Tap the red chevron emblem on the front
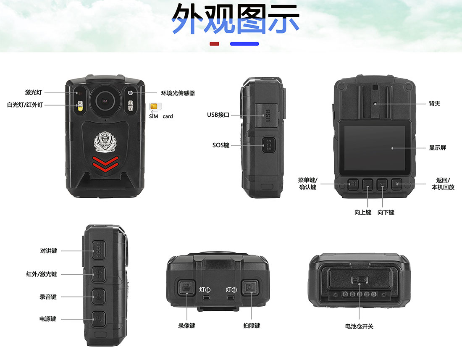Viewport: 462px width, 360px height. (x=105, y=163)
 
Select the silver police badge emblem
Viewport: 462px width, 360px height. (x=105, y=142)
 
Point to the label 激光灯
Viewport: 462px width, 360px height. (x=33, y=92)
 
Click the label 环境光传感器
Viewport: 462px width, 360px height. (x=178, y=93)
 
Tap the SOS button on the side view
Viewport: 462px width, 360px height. (x=268, y=145)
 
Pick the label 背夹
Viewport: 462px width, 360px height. (x=435, y=104)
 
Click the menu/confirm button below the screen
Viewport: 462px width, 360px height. (x=352, y=184)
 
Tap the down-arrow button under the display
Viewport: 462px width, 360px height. (x=382, y=184)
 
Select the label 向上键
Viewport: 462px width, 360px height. (x=363, y=213)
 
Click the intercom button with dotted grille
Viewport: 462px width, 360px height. (x=98, y=250)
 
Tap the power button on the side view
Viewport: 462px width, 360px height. (x=98, y=319)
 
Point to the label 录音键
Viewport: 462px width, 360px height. (x=48, y=297)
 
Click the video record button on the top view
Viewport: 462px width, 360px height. (x=186, y=287)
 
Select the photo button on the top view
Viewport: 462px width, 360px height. (x=250, y=287)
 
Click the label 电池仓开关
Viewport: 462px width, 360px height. (x=359, y=326)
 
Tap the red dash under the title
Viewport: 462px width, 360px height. (x=214, y=44)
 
